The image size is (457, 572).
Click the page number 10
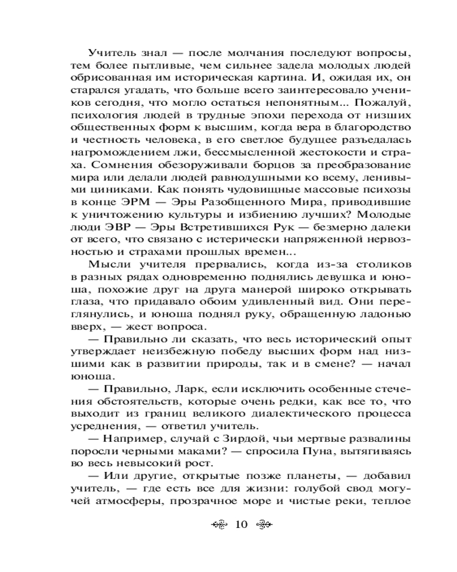(240, 525)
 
